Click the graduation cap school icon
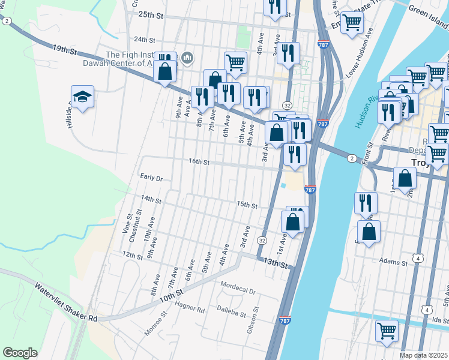pyautogui.click(x=83, y=97)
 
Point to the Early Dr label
pyautogui.click(x=151, y=178)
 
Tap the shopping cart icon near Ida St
pyautogui.click(x=387, y=330)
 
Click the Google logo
pyautogui.click(x=20, y=353)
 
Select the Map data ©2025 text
pyautogui.click(x=423, y=355)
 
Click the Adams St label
pyautogui.click(x=394, y=261)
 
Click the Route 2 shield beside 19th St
pyautogui.click(x=6, y=20)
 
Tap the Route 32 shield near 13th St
pyautogui.click(x=262, y=240)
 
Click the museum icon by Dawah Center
pyautogui.click(x=187, y=58)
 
